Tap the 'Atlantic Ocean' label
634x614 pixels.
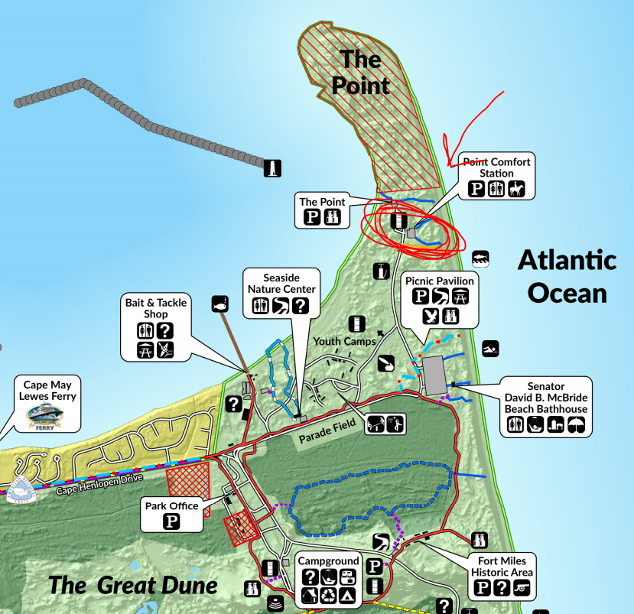(x=567, y=276)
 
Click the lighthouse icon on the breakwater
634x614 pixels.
(x=273, y=168)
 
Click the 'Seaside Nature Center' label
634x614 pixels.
(x=280, y=283)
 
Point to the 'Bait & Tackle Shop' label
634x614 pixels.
(x=156, y=308)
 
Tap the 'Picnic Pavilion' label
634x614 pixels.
(x=440, y=281)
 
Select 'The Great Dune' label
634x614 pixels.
(x=133, y=586)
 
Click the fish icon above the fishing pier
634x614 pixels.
(x=219, y=303)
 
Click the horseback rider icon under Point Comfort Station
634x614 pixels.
(x=518, y=189)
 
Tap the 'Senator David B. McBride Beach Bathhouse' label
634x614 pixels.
(x=545, y=398)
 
